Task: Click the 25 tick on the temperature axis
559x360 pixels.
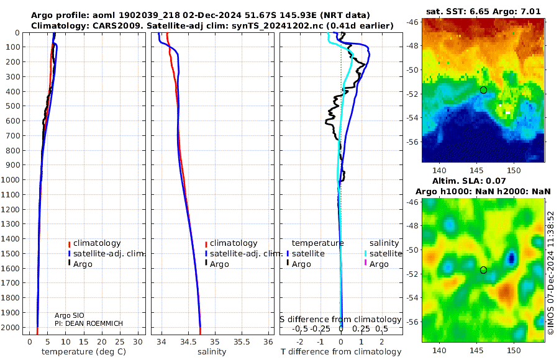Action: [x=120, y=341]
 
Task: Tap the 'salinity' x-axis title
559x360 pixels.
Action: [x=211, y=352]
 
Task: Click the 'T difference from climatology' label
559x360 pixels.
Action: [x=341, y=352]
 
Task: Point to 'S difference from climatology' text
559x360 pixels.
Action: [x=340, y=320]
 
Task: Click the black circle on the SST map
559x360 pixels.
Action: [x=483, y=90]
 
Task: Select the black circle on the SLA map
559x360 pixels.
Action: [x=483, y=270]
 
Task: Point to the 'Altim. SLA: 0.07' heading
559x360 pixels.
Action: [x=483, y=180]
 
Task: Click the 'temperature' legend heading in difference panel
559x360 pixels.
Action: [x=317, y=243]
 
